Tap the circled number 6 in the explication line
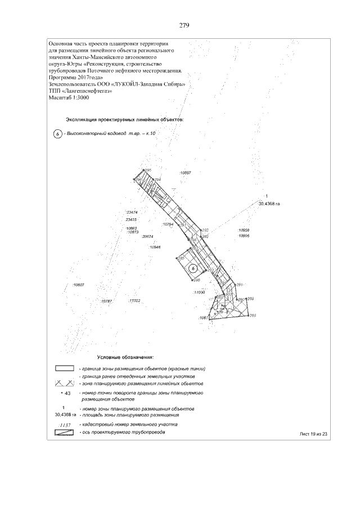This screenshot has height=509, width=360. click(x=57, y=134)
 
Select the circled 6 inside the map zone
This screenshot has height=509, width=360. click(x=193, y=268)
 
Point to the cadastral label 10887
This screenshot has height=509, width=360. click(x=185, y=172)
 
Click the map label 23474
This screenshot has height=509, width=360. click(x=133, y=212)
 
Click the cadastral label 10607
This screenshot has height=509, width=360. click(x=78, y=285)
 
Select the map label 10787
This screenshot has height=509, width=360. click(x=107, y=302)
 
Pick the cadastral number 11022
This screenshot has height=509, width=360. click(x=134, y=301)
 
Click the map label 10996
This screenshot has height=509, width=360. click(x=244, y=236)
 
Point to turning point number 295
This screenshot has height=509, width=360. click(x=148, y=170)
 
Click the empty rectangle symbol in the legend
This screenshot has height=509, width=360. click(x=65, y=368)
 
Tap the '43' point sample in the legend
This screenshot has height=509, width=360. click(x=66, y=393)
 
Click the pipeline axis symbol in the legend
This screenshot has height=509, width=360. click(x=65, y=433)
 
